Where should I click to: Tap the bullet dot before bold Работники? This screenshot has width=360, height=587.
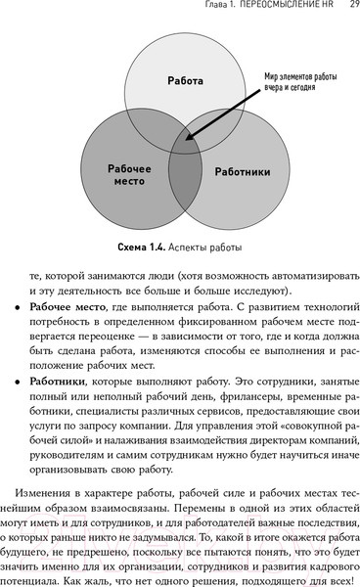[20, 404]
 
